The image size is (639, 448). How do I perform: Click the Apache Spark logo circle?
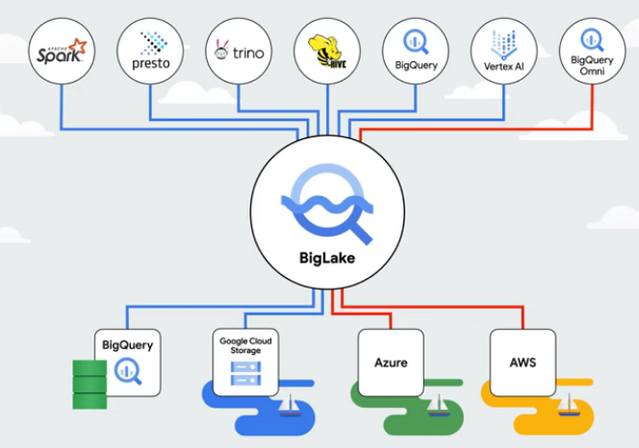click(x=61, y=51)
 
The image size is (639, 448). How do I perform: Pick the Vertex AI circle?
click(x=504, y=51)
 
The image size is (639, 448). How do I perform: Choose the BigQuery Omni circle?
click(x=592, y=51)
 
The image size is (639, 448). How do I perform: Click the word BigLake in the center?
click(x=327, y=259)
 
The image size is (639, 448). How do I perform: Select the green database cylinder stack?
click(x=89, y=383)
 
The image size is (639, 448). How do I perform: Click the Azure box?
click(x=390, y=362)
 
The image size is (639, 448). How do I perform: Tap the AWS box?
click(x=523, y=362)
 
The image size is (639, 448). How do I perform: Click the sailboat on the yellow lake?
click(x=569, y=404)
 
